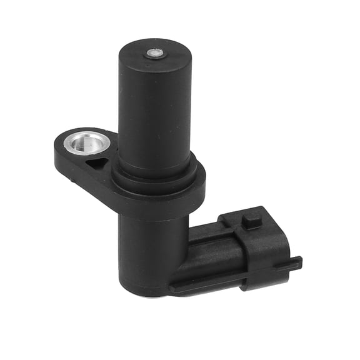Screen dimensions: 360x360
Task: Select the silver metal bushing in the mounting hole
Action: pyautogui.click(x=87, y=143)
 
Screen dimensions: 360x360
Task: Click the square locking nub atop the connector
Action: pyautogui.click(x=251, y=220)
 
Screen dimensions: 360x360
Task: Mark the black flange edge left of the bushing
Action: pyautogui.click(x=59, y=147)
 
